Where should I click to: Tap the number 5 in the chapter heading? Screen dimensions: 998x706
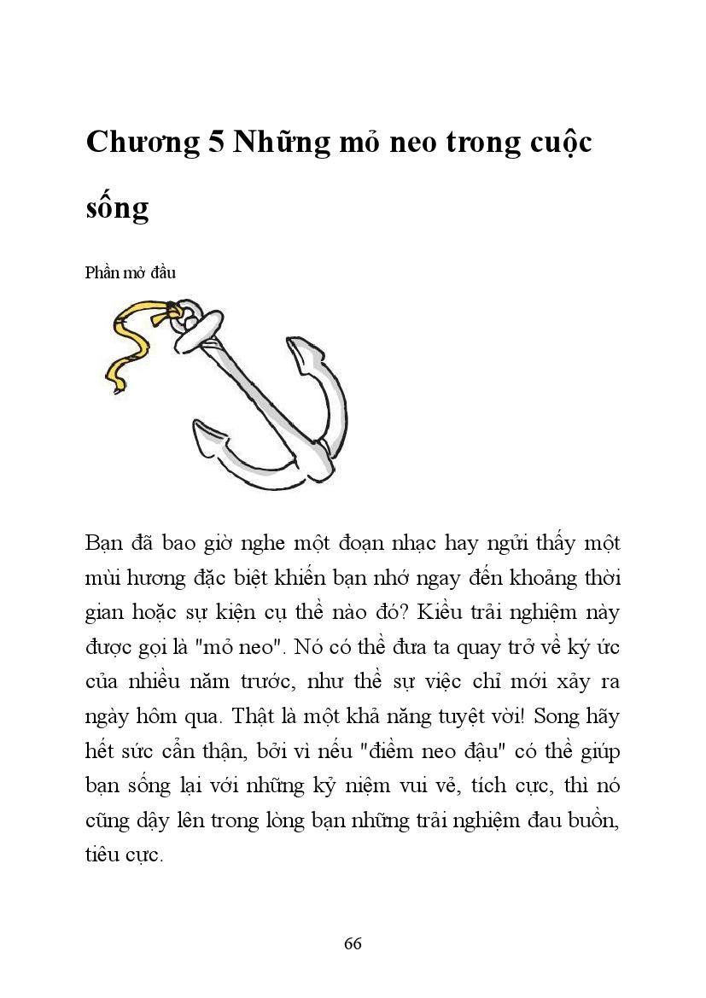217,143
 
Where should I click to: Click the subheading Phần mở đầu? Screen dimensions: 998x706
131,273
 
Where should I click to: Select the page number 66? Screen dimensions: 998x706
353,943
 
